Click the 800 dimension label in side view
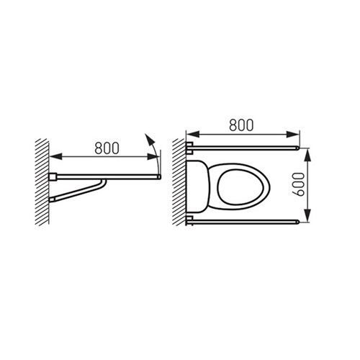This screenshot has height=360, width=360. tap(107, 148)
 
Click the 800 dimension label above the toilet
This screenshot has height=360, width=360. tap(241, 125)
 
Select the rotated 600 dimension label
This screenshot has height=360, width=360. tap(299, 184)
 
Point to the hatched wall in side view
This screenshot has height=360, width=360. tap(42, 182)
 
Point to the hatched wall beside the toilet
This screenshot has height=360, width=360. tap(179, 182)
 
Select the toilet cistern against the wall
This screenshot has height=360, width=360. tap(197, 186)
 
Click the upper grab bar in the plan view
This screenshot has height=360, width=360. tap(243, 148)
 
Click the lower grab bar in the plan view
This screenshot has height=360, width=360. tap(243, 222)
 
